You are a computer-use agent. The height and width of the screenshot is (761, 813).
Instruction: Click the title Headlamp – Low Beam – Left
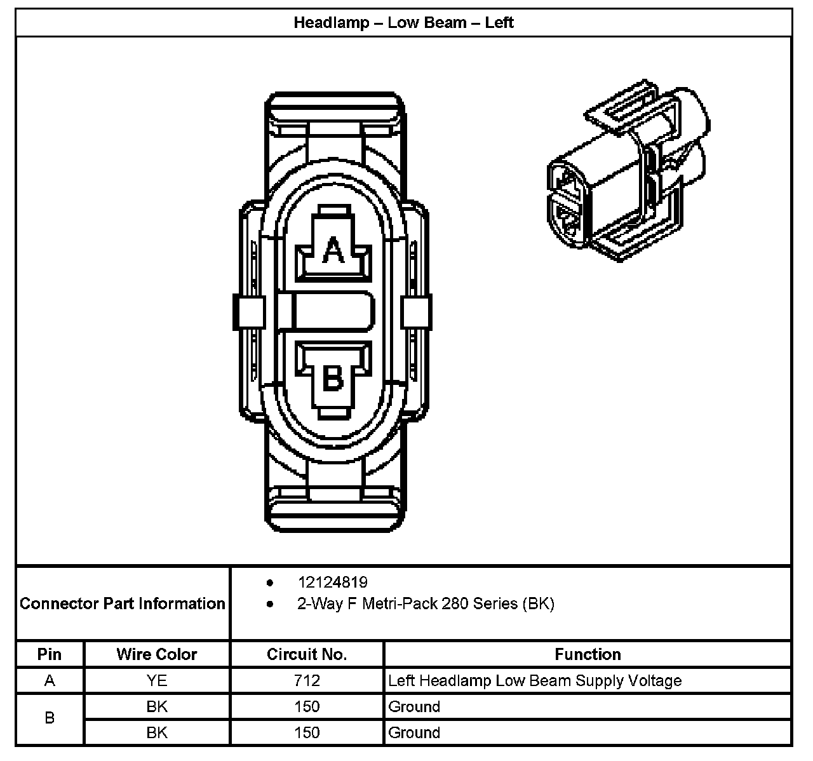click(x=403, y=23)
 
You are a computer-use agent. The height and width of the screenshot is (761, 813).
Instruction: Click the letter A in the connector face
click(x=333, y=250)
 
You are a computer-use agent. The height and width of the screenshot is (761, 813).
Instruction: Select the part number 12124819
click(x=332, y=583)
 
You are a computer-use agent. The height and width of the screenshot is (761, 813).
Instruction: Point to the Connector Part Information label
click(x=123, y=603)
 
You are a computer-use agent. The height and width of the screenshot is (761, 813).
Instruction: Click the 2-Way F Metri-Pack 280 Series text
click(x=426, y=603)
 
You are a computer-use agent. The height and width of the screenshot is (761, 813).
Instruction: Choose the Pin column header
click(x=50, y=654)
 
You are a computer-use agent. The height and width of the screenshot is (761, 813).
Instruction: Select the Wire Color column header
click(x=156, y=654)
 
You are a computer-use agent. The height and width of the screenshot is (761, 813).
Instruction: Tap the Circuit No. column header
click(x=307, y=654)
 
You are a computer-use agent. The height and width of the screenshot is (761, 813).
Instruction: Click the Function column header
click(x=588, y=654)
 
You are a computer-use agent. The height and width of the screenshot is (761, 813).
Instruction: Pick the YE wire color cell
click(x=156, y=681)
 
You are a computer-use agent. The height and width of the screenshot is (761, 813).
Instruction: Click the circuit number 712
click(x=307, y=681)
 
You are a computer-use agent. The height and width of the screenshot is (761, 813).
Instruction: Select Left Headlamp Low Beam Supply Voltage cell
click(x=535, y=681)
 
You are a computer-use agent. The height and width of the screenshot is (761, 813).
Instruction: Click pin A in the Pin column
click(x=50, y=681)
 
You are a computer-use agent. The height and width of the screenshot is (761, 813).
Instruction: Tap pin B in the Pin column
click(x=50, y=718)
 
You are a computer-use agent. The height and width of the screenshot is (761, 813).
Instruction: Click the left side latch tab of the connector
click(x=249, y=313)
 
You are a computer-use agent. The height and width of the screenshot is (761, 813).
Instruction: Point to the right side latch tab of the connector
click(x=417, y=313)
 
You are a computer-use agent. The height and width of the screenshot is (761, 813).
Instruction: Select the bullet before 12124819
click(x=271, y=583)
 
